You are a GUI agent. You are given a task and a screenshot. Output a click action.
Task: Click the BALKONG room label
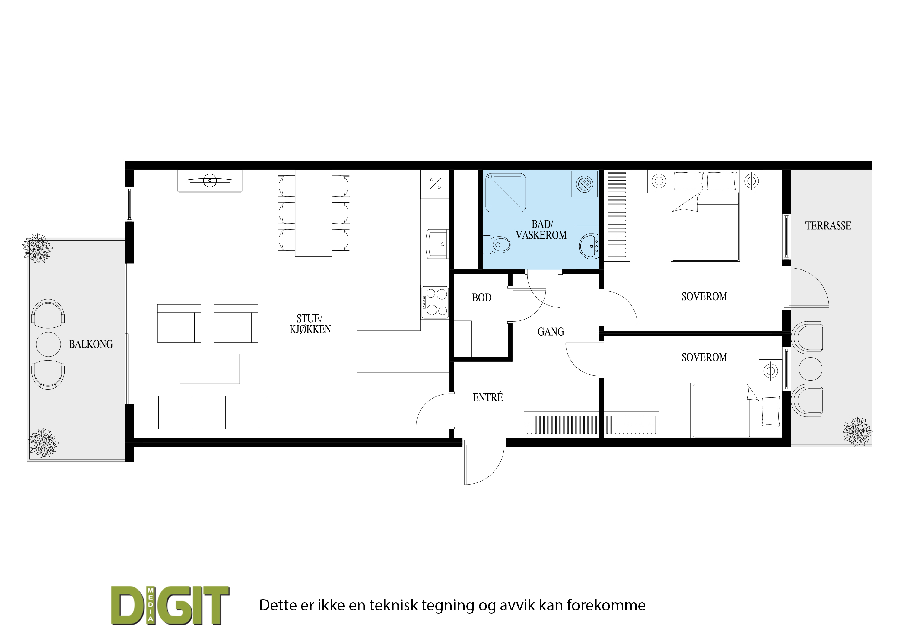[x=91, y=344]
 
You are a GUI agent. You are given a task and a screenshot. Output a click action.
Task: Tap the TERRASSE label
[x=828, y=226]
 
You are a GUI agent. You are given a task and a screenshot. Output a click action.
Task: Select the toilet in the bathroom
[x=497, y=245]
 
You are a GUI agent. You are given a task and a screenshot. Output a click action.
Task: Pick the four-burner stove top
[x=435, y=302]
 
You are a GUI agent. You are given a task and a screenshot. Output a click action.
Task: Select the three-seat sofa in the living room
[x=208, y=416]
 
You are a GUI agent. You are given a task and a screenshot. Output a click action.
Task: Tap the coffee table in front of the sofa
[x=210, y=368]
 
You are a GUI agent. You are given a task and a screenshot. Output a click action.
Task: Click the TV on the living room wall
[x=210, y=181]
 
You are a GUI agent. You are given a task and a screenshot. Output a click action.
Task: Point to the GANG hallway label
[x=551, y=332]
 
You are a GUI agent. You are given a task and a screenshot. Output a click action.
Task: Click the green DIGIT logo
[x=170, y=606]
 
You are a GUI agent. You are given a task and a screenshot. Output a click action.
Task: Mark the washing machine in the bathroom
[x=584, y=184]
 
